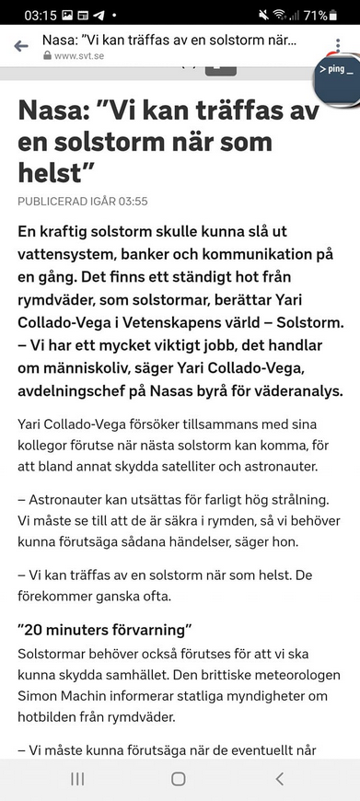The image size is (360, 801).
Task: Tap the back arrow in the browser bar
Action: (x=21, y=47)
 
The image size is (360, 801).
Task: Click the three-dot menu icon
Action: (x=338, y=47)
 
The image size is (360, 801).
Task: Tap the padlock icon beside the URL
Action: (x=48, y=56)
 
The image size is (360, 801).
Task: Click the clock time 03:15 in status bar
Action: (x=41, y=15)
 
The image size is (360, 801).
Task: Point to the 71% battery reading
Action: (x=316, y=15)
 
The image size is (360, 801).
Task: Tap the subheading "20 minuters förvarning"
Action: (x=104, y=631)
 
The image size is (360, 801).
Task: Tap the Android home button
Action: (x=179, y=779)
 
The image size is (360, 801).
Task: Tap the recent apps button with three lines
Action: (x=77, y=779)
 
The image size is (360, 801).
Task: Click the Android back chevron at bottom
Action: (x=280, y=779)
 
